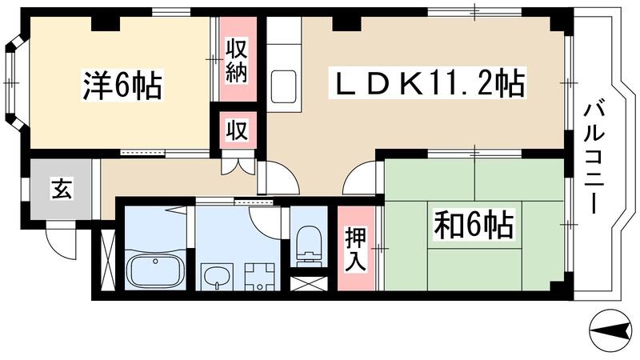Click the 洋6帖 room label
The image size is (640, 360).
pyautogui.click(x=122, y=85)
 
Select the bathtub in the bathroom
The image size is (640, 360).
pyautogui.click(x=154, y=271)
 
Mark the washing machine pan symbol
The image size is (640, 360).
pyautogui.click(x=258, y=277)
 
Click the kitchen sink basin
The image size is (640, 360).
pyautogui.click(x=283, y=83)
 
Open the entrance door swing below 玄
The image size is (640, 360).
pyautogui.click(x=60, y=237)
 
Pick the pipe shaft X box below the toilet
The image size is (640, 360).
pyautogui.click(x=308, y=283)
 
